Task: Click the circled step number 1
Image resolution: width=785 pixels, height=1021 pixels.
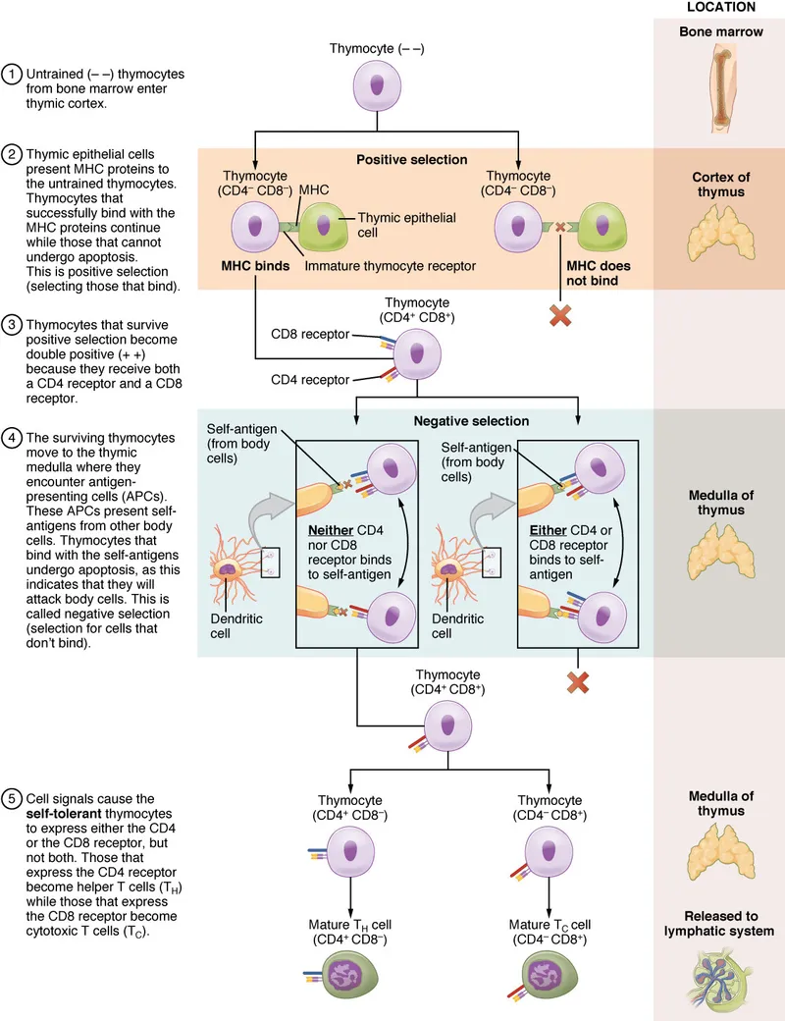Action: (14, 75)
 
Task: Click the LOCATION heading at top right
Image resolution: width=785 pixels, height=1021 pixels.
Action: (719, 8)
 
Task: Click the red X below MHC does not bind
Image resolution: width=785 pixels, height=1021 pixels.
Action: (561, 316)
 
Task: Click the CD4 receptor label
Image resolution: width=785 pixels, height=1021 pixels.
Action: (311, 378)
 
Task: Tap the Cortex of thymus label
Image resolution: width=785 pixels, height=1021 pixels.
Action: (719, 185)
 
